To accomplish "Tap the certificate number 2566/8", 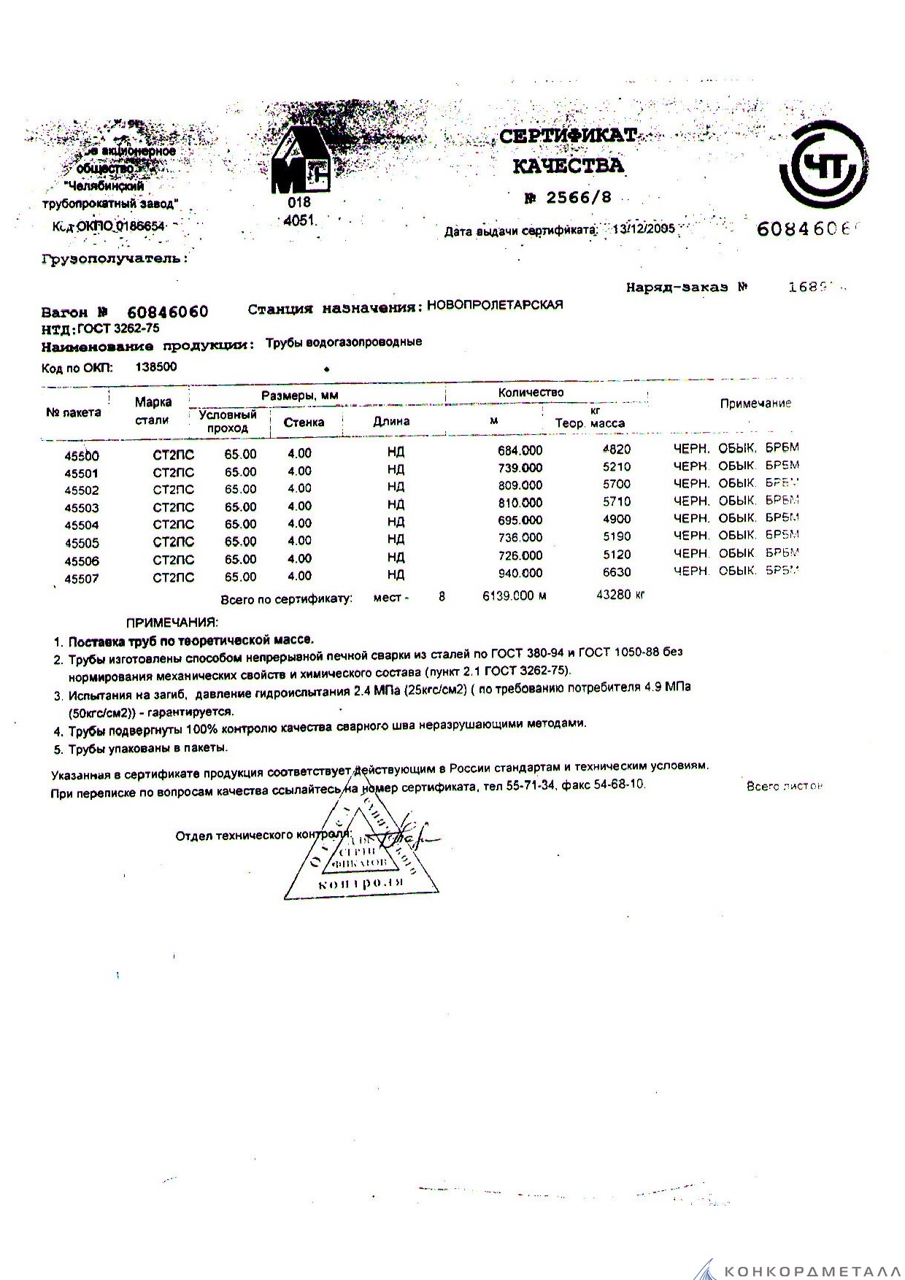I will coord(575,198).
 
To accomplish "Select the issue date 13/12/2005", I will coord(644,229).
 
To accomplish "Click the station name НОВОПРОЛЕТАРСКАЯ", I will coord(495,305).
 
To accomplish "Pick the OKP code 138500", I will coord(156,367).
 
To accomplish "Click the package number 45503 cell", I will coord(82,508).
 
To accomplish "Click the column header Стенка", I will coord(304,422).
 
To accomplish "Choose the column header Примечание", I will coord(755,404).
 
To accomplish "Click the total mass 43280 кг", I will coord(620,595).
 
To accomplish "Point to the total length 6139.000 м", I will coord(514,595).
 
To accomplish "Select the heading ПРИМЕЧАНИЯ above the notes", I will coord(172,622).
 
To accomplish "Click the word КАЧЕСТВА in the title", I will coord(569,166).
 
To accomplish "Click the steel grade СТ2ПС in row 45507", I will coord(174,577).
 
